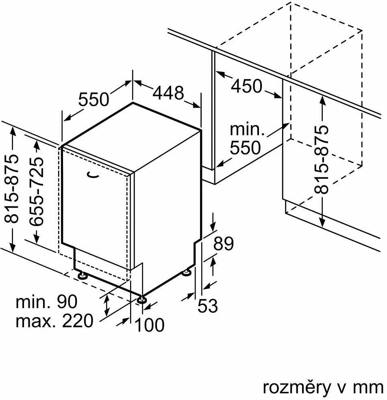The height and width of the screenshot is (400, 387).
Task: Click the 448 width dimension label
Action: (x=168, y=93)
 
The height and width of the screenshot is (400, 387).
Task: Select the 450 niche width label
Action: (x=246, y=86)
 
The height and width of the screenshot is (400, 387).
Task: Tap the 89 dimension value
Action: (x=224, y=243)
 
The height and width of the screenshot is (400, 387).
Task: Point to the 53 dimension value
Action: (x=208, y=306)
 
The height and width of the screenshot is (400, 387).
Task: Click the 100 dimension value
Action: (x=150, y=325)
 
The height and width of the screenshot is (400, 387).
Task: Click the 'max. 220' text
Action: (x=54, y=321)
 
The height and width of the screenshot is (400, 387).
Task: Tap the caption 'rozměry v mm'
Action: (x=323, y=388)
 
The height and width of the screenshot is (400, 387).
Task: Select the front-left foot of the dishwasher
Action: (x=83, y=276)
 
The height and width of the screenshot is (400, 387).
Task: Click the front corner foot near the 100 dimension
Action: (x=141, y=299)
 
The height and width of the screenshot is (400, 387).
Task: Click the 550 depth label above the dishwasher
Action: (x=93, y=99)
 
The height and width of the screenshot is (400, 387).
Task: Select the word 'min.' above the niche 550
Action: (x=247, y=130)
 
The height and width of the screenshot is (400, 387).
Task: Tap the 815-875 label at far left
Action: (x=11, y=189)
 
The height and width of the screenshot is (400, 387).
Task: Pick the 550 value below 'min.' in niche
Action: (x=245, y=148)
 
